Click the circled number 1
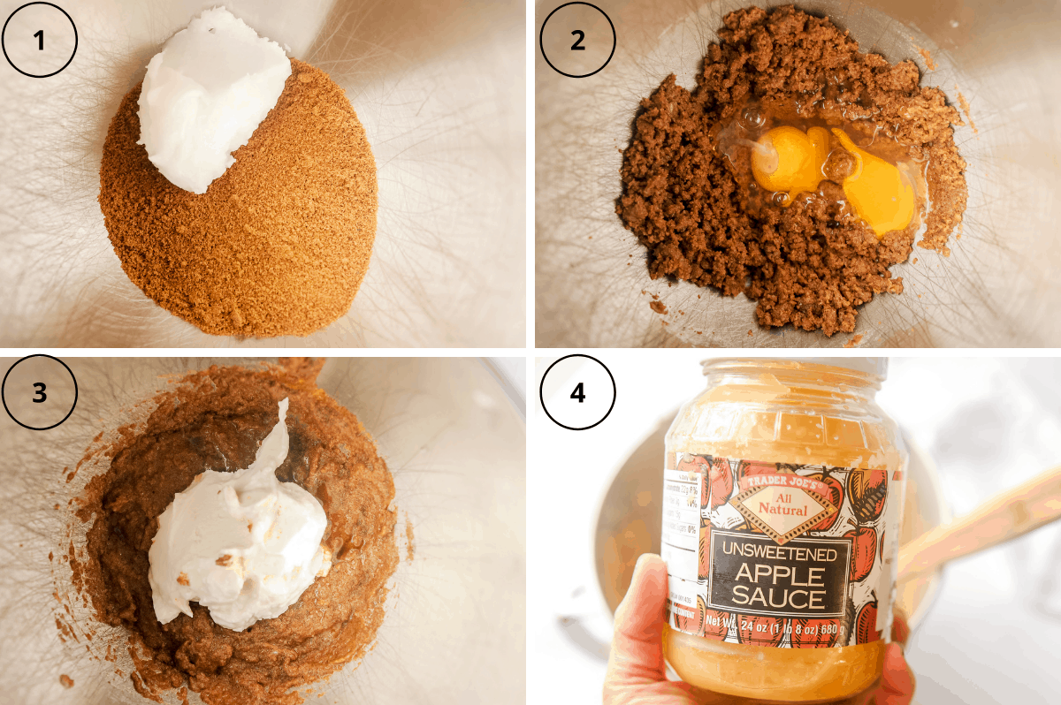coord(40,40)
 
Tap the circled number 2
coord(577,40)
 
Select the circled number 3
coord(40,393)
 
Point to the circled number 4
coord(577,393)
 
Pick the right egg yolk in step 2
coord(875,190)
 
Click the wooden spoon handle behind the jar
coord(981,521)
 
